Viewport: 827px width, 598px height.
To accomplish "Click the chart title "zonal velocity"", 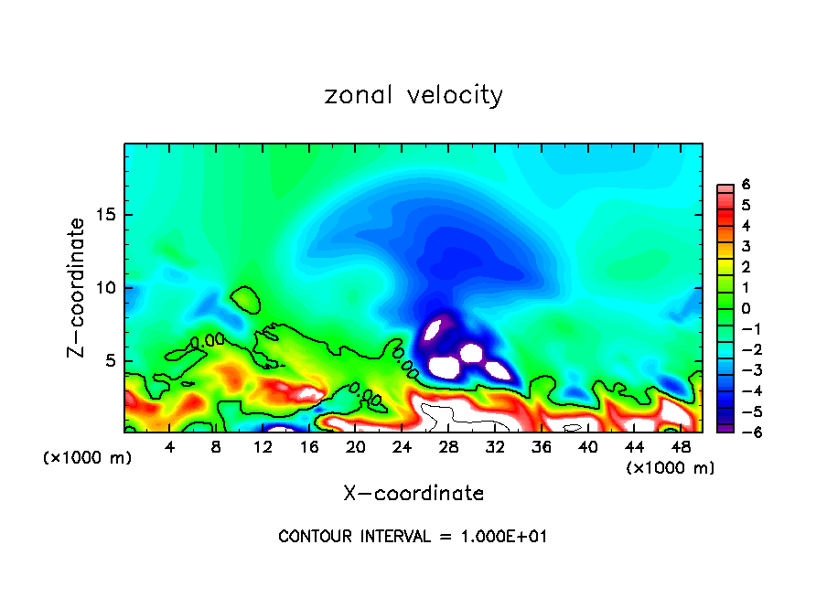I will [413, 95].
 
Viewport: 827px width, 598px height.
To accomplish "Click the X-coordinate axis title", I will [413, 494].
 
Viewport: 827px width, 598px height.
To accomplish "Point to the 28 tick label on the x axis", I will [448, 446].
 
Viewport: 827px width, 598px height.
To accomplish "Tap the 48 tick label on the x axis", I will [681, 446].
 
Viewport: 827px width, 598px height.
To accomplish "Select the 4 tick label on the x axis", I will [169, 446].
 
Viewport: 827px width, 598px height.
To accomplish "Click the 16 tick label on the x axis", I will [309, 446].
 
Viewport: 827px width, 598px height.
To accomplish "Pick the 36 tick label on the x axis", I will [541, 446].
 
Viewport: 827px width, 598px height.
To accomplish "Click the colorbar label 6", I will [745, 186].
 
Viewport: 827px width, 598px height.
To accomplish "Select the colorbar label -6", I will [742, 432].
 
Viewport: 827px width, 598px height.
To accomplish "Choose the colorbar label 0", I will [745, 309].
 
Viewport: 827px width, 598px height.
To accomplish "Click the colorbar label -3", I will [742, 370].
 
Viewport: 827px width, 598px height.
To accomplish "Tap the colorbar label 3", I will [745, 247].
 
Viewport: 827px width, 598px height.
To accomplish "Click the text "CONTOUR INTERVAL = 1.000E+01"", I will [413, 537].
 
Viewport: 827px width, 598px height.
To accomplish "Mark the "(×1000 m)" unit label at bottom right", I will [670, 468].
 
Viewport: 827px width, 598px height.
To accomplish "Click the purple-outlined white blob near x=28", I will [444, 368].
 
